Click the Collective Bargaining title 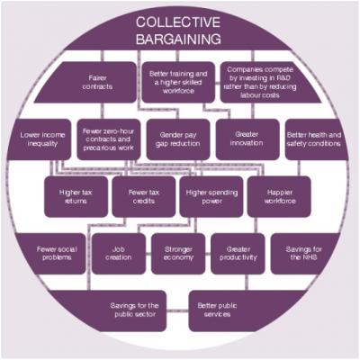click(178, 31)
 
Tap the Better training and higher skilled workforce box click(178, 82)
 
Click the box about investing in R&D click(264, 82)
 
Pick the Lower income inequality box click(40, 139)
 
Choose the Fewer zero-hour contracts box click(109, 139)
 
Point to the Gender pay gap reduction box click(178, 139)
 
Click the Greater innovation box click(247, 139)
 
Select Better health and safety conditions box click(315, 139)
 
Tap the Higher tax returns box click(76, 196)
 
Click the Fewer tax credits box click(144, 196)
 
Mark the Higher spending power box click(211, 196)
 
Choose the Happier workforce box click(279, 196)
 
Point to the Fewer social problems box click(51, 254)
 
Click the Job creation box click(119, 254)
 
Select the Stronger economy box click(178, 254)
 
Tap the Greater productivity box click(238, 254)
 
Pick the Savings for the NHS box click(304, 254)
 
